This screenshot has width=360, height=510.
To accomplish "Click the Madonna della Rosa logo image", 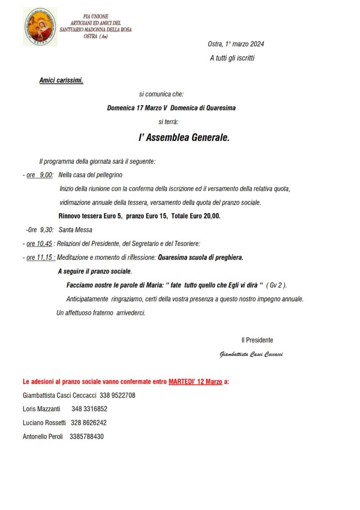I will click(x=40, y=26).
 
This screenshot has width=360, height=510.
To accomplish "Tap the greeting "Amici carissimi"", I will click(x=61, y=81).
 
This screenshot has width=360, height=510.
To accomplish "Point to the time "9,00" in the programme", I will click(x=46, y=175).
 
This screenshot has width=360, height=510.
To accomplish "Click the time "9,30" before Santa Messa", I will click(x=46, y=230).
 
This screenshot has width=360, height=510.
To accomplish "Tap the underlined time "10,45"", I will click(x=44, y=244).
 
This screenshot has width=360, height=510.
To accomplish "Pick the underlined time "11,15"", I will click(x=44, y=258).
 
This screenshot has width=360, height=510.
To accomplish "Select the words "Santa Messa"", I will click(x=75, y=230).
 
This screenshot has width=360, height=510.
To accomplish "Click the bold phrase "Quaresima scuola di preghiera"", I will click(x=200, y=258).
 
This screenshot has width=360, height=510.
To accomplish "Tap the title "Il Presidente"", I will click(x=257, y=340).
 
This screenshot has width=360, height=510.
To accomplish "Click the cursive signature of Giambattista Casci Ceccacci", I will click(x=251, y=355).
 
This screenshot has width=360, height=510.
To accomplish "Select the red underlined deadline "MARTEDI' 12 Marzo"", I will click(x=195, y=382).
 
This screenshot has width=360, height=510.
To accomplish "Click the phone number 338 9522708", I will click(x=118, y=395).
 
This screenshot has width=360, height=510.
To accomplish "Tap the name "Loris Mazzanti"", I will click(x=41, y=409).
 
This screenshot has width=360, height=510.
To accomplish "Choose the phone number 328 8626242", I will click(x=88, y=423).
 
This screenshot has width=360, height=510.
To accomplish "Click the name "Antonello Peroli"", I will click(x=43, y=436).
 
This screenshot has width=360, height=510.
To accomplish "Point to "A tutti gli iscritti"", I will click(x=232, y=58).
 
